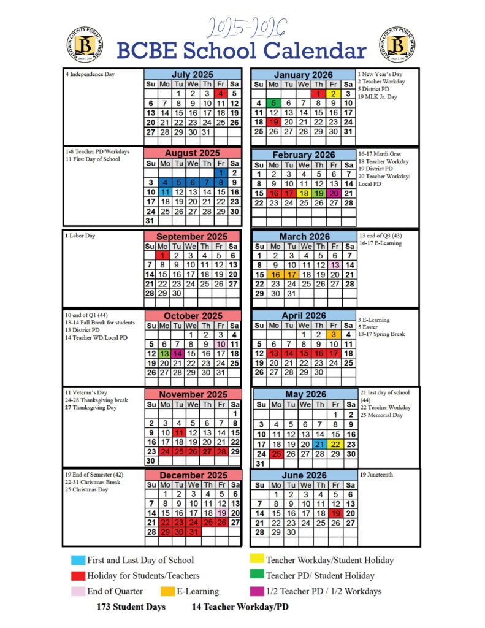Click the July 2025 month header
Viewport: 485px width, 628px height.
pyautogui.click(x=193, y=74)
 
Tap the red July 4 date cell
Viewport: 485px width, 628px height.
pyautogui.click(x=221, y=94)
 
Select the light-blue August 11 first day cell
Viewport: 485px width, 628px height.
pyautogui.click(x=164, y=192)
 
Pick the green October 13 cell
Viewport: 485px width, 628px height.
pyautogui.click(x=164, y=354)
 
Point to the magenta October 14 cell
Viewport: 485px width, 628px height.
pyautogui.click(x=178, y=354)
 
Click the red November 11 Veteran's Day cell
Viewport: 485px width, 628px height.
pyautogui.click(x=178, y=433)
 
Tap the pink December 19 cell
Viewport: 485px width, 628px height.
pyautogui.click(x=221, y=513)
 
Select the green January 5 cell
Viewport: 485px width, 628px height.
pyautogui.click(x=273, y=103)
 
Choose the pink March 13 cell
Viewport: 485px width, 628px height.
pyautogui.click(x=335, y=265)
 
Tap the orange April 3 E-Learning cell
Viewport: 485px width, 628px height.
pyautogui.click(x=333, y=335)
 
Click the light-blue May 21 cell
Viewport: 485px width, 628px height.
pyautogui.click(x=319, y=445)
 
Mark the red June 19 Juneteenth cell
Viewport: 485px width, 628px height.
pyautogui.click(x=335, y=513)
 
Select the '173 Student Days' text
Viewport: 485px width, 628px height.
pyautogui.click(x=131, y=607)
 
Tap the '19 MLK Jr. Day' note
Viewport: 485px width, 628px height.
pyautogui.click(x=378, y=97)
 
